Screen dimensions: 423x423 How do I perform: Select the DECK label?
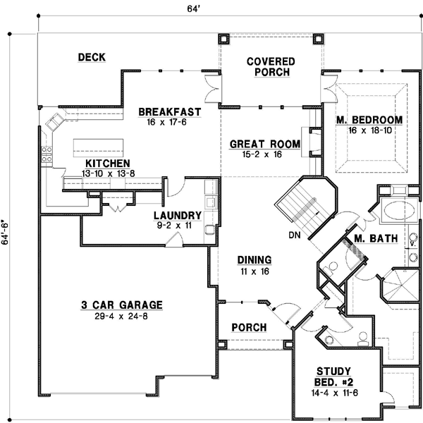92,57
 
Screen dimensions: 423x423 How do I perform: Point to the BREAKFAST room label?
169,112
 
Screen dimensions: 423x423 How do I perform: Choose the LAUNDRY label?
178,216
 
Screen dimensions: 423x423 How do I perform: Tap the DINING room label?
251,259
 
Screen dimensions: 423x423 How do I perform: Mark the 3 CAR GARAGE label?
121,305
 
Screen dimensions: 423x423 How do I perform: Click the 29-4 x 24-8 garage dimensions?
121,316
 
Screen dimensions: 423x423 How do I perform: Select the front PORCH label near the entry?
249,328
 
